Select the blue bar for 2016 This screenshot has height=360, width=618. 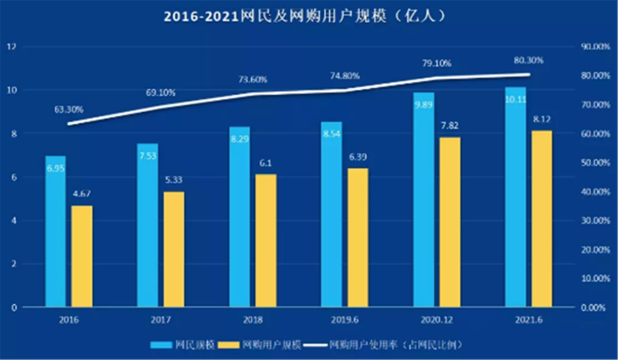click(55, 232)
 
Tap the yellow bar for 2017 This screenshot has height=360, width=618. click(175, 249)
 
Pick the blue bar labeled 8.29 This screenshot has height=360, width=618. click(239, 216)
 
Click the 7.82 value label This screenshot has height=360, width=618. click(449, 126)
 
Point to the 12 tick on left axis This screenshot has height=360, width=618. click(12, 46)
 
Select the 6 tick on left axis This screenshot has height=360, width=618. click(14, 177)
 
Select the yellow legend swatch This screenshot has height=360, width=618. click(228, 342)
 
